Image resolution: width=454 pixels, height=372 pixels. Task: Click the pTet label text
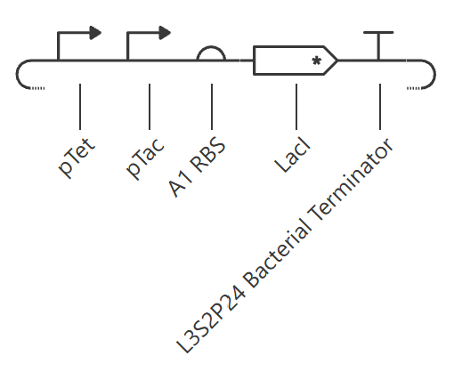click(77, 158)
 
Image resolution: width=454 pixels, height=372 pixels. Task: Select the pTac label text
click(145, 158)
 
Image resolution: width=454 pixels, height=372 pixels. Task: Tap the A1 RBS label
click(197, 167)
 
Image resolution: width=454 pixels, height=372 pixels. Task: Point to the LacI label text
click(292, 155)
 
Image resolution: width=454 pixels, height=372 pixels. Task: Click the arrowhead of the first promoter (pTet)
click(95, 33)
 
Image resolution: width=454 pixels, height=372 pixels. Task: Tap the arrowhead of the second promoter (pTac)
click(165, 33)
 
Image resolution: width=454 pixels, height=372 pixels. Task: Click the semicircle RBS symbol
click(211, 47)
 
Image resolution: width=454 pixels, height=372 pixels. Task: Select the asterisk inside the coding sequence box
click(317, 61)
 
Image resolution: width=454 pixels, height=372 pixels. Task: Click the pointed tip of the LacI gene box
click(337, 61)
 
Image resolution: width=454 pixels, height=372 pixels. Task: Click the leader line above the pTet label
click(80, 107)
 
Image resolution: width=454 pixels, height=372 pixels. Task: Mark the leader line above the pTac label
click(150, 107)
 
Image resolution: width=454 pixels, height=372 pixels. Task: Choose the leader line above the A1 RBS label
click(212, 107)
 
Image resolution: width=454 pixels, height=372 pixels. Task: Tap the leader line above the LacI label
click(296, 107)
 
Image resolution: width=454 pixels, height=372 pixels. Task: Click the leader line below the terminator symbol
click(380, 107)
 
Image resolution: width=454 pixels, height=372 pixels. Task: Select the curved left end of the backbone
click(17, 74)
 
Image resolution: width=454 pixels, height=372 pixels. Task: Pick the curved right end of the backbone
click(434, 74)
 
